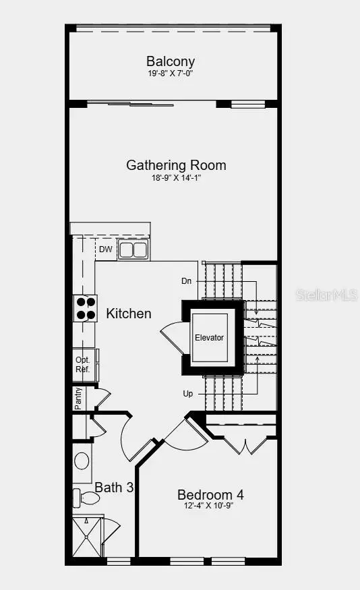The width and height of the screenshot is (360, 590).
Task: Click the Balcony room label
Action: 171,61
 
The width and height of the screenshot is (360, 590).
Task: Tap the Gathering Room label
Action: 176,165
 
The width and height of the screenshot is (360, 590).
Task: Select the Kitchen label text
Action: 129,314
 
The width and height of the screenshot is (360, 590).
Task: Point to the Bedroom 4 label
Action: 210,495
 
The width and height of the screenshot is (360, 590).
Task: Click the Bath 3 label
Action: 113,487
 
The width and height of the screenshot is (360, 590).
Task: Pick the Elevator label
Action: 209,337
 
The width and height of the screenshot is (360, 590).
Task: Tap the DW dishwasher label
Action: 105,249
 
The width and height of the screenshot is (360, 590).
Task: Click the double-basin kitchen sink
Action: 133,250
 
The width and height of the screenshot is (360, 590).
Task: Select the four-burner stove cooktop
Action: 85,308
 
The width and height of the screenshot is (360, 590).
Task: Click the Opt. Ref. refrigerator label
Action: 82,365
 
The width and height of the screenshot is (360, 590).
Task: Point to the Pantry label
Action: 78,398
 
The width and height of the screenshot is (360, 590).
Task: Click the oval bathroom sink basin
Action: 82,461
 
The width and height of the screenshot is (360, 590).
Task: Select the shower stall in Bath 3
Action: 88,537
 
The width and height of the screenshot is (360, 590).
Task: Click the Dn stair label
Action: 187,281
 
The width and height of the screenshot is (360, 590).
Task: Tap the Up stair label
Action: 188,393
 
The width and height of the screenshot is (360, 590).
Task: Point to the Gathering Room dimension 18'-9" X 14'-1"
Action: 176,177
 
